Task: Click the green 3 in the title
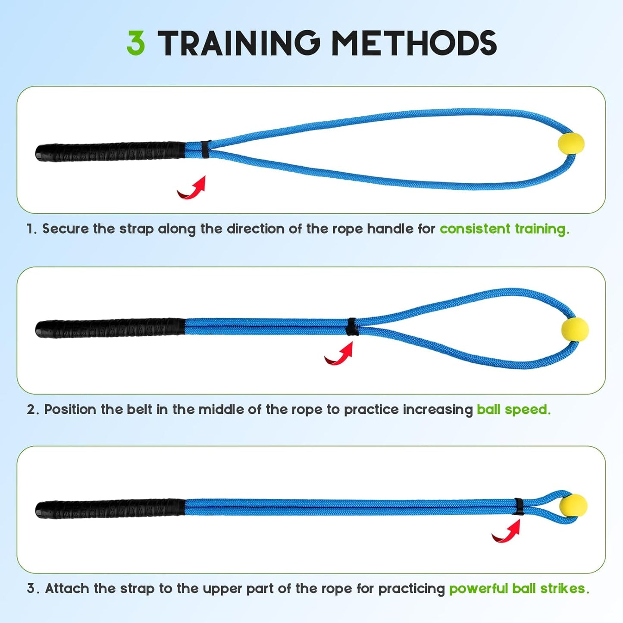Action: pyautogui.click(x=136, y=43)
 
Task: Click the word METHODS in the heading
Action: pyautogui.click(x=414, y=43)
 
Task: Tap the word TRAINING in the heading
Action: pyautogui.click(x=240, y=43)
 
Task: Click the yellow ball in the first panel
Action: pyautogui.click(x=571, y=144)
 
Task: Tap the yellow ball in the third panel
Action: pyautogui.click(x=575, y=506)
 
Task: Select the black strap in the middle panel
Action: pyautogui.click(x=351, y=326)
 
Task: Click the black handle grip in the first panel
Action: pyautogui.click(x=110, y=151)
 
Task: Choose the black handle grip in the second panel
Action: pyautogui.click(x=110, y=329)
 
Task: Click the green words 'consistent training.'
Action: pyautogui.click(x=504, y=229)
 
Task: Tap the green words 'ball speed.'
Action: pyautogui.click(x=514, y=410)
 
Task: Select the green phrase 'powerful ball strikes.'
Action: pyautogui.click(x=519, y=589)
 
